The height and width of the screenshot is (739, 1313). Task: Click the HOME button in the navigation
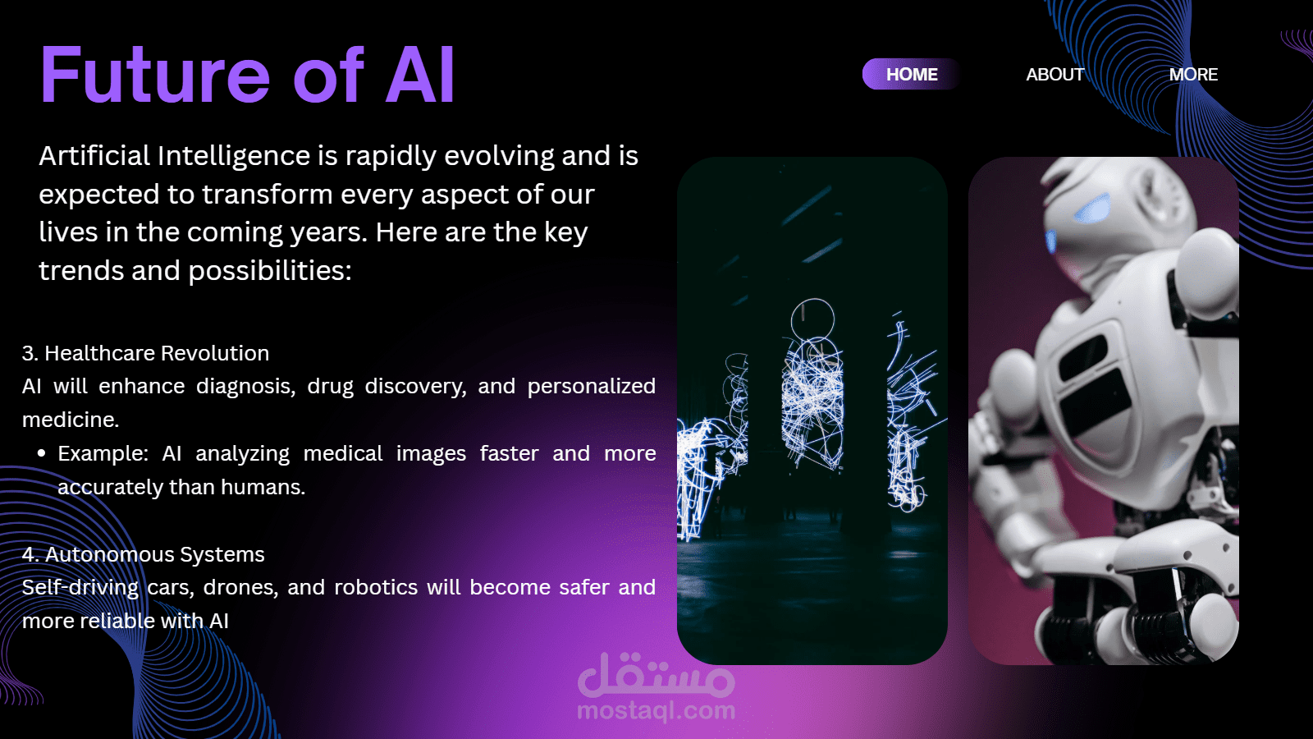click(x=912, y=75)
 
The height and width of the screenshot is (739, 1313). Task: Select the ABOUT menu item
click(x=1055, y=75)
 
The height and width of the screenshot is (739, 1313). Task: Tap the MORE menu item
click(x=1193, y=75)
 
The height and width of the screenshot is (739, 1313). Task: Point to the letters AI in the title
click(x=419, y=75)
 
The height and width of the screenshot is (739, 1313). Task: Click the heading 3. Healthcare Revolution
click(x=145, y=353)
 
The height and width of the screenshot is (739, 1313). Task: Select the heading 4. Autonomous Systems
click(x=143, y=554)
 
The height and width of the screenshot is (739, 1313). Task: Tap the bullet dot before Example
click(x=41, y=453)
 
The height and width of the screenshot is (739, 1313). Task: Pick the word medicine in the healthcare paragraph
click(x=71, y=420)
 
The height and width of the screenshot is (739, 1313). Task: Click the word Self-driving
click(x=80, y=588)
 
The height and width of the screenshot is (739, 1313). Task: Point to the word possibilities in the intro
click(x=270, y=271)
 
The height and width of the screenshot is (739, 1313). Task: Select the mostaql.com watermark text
click(x=656, y=710)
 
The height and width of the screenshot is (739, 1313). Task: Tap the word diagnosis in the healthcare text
click(x=245, y=387)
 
